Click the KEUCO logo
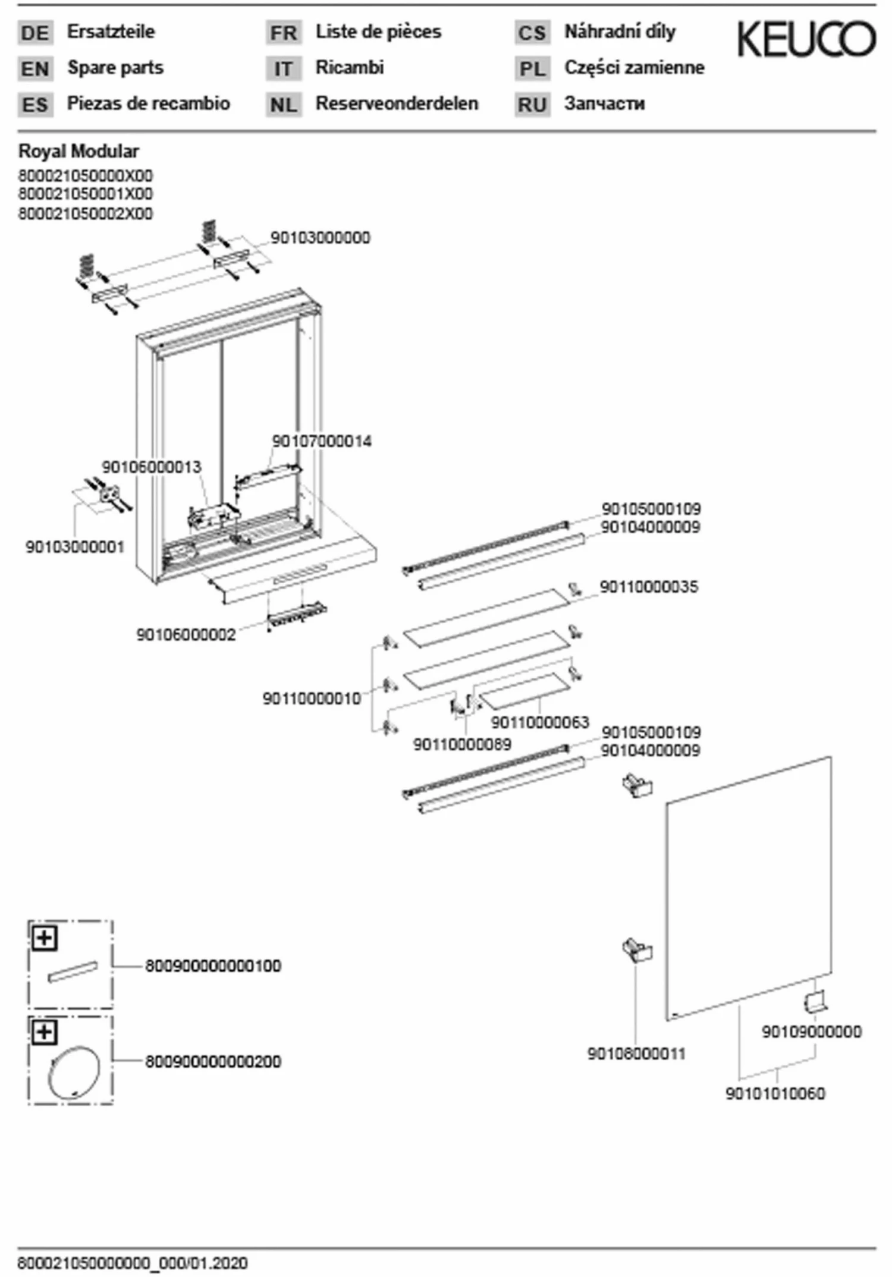806,39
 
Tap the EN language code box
35,68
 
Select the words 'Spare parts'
115,68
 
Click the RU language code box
532,105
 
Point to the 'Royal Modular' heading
78,152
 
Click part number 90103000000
320,238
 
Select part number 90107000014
322,442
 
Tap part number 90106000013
152,467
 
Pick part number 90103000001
75,547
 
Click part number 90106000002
186,635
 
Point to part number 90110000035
649,587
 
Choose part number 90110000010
312,699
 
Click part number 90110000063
540,722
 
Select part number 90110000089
462,744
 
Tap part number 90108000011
636,1054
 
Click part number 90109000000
811,1032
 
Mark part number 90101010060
775,1093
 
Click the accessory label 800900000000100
213,966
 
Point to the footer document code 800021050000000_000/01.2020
133,1263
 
